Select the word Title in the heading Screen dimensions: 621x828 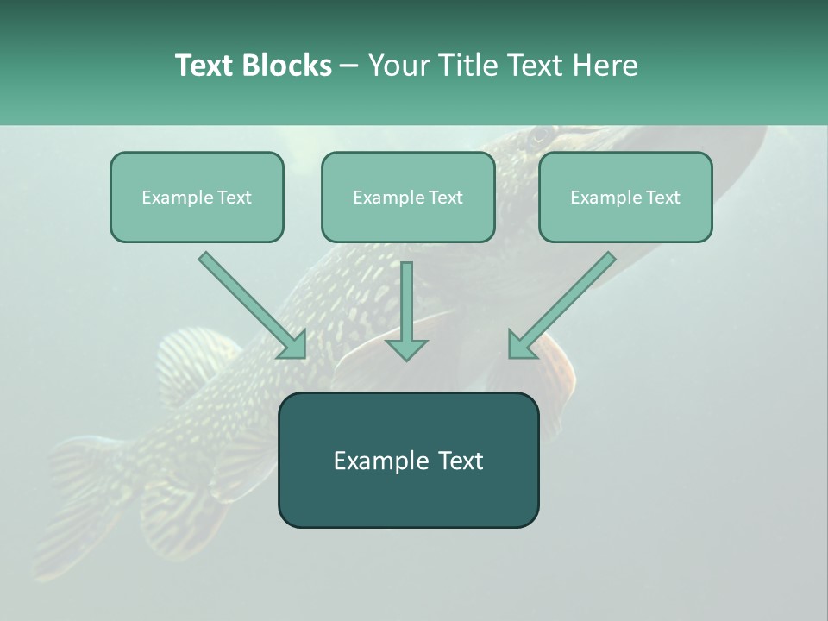[467, 66]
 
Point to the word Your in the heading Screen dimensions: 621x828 [400, 66]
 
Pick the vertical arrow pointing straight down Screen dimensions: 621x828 [406, 310]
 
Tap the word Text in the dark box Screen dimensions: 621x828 [464, 461]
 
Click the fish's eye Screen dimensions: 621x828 [541, 135]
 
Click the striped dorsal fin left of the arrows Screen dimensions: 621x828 [194, 358]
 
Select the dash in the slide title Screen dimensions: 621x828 [349, 66]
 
